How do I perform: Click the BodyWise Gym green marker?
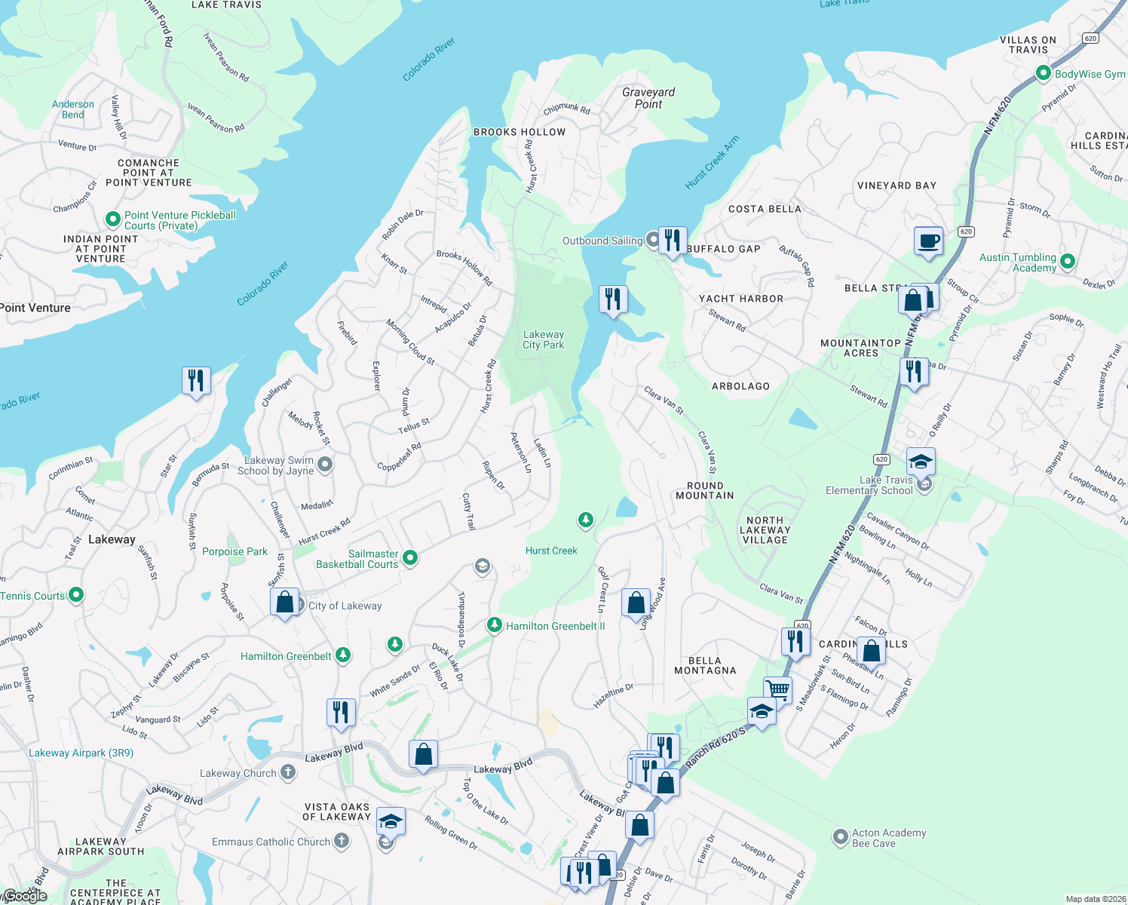pos(1044,74)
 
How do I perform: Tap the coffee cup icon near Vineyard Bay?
pos(928,241)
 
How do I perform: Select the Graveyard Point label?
pos(648,98)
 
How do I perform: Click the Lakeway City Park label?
pos(543,339)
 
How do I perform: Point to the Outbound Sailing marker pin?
pos(653,240)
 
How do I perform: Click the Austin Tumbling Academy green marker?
pos(1067,262)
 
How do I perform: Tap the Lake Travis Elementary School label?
pos(869,485)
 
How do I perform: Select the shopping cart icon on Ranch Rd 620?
pos(777,689)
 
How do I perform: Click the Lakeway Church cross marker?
pos(287,772)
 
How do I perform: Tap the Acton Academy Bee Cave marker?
pos(840,837)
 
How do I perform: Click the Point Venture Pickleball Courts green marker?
pos(113,219)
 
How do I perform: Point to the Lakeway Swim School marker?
pos(325,465)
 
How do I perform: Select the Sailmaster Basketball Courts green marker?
pos(410,558)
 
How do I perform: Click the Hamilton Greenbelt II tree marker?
pos(494,624)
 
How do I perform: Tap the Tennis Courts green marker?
pos(76,595)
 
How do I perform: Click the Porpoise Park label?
pos(234,551)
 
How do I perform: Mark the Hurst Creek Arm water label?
pos(712,162)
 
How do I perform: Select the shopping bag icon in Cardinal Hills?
pos(871,650)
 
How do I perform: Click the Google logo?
pos(25,895)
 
